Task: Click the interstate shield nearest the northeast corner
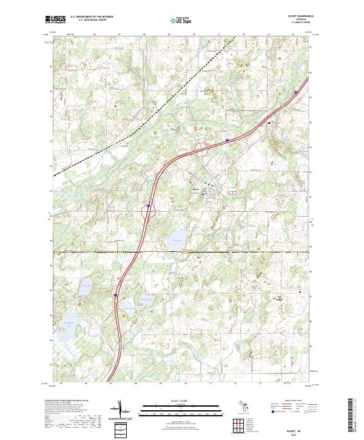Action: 295,93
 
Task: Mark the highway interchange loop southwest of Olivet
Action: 147,212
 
